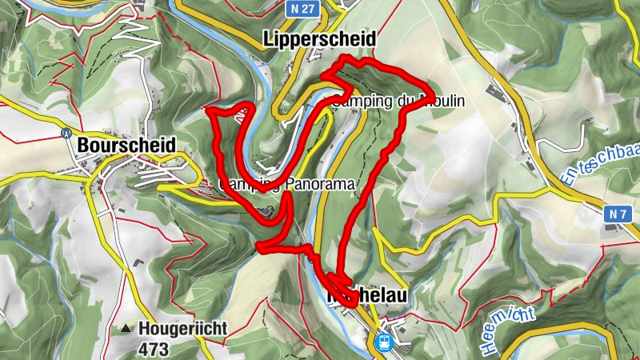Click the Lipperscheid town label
[x=319, y=39]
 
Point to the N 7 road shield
[x=615, y=214]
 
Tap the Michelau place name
[x=367, y=295]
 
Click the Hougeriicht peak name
[x=183, y=328]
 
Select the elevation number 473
[x=154, y=349]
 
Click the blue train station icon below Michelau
[x=382, y=343]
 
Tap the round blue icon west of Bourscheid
[x=66, y=133]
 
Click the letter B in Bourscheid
[x=83, y=146]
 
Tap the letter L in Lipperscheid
[x=268, y=39]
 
